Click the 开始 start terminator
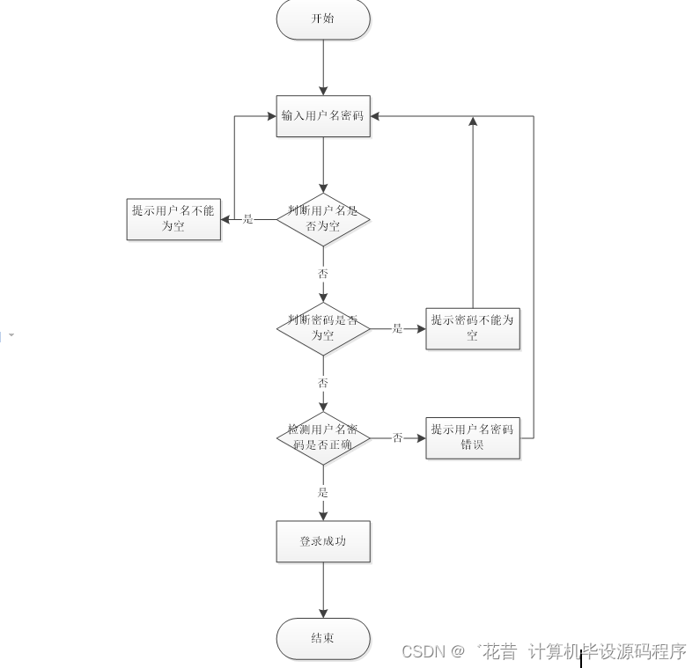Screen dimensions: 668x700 click(323, 19)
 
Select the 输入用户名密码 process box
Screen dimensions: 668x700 click(323, 116)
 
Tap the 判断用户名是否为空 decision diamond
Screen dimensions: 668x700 click(323, 219)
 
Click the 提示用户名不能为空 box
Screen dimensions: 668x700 click(173, 219)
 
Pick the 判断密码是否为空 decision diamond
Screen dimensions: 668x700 click(323, 328)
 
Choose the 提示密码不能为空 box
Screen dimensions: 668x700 click(473, 328)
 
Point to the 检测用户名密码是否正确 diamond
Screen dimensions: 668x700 click(323, 437)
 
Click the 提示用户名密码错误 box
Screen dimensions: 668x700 click(473, 437)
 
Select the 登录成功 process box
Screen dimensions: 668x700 click(323, 541)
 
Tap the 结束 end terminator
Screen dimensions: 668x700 click(323, 638)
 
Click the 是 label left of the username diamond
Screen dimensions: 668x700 click(247, 219)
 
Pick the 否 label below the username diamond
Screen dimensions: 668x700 click(323, 274)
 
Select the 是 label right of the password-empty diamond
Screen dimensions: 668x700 click(397, 328)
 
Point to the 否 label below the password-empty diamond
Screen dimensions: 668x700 click(323, 383)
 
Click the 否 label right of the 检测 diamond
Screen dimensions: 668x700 click(397, 437)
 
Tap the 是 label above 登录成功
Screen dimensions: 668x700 click(323, 492)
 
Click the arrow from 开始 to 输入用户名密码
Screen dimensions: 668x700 click(323, 67)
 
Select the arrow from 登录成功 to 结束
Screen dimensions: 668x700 click(323, 590)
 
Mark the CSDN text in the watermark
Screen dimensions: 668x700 click(424, 652)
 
